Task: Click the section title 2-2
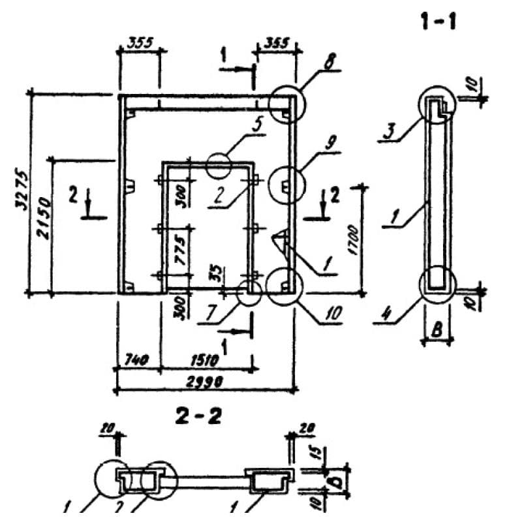tap(198, 416)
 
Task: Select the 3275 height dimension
tap(20, 192)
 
